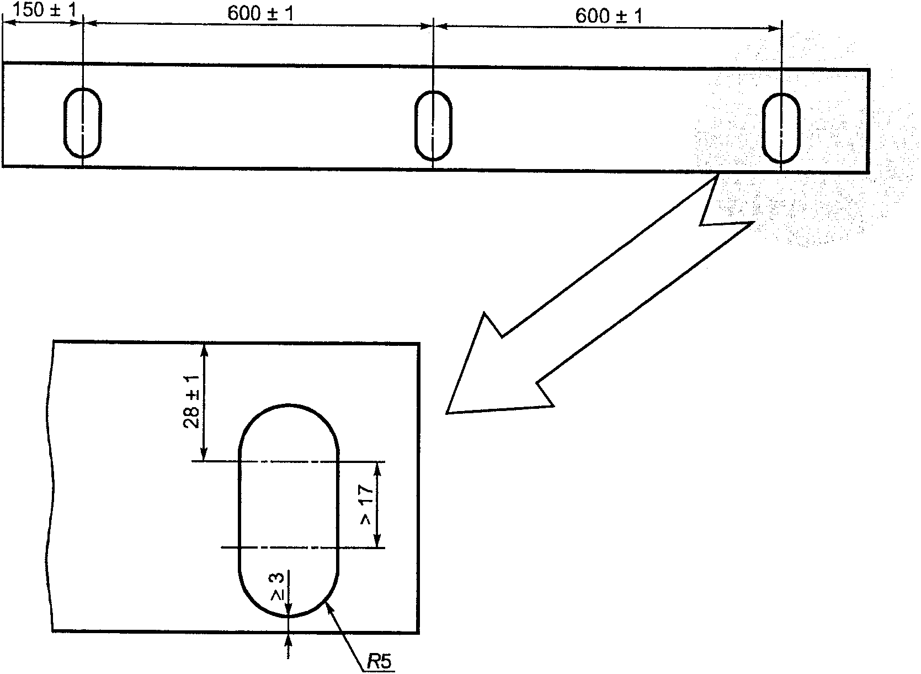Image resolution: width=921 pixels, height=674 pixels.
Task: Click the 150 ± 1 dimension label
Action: click(45, 10)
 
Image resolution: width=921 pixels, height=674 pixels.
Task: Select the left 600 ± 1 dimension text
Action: click(260, 14)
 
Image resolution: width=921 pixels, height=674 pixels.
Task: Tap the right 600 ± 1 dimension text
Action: click(609, 16)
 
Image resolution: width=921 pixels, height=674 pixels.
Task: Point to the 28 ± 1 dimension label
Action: click(191, 402)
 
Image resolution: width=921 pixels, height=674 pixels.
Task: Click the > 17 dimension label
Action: click(366, 504)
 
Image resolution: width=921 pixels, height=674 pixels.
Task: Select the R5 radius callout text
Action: click(379, 662)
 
